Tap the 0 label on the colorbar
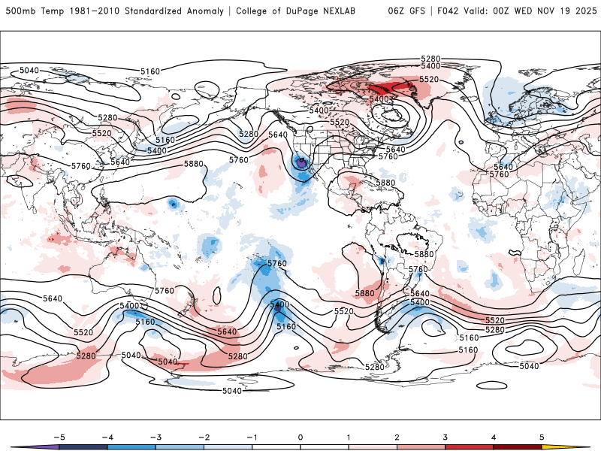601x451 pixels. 300,436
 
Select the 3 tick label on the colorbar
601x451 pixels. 445,436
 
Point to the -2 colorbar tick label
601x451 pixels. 203,436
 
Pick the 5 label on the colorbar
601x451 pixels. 542,436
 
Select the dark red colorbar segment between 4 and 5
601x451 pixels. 518,446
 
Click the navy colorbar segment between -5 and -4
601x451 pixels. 83,446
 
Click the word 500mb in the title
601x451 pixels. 20,11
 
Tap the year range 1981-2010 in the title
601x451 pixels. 77,11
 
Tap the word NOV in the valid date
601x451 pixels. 544,11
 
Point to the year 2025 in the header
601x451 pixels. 584,11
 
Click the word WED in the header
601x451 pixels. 523,11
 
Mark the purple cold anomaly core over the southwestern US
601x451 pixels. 301,161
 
